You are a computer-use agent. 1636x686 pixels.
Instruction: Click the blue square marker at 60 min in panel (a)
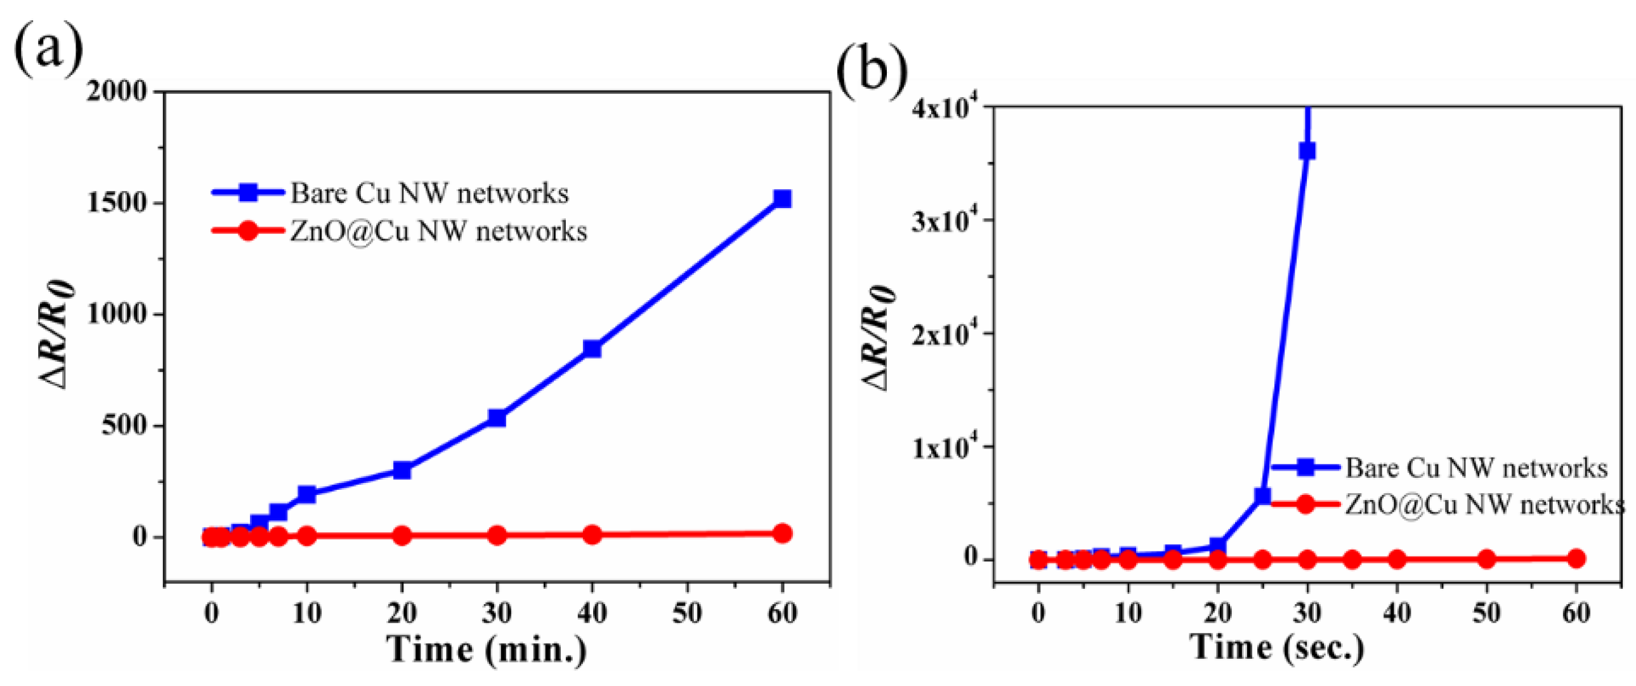[782, 199]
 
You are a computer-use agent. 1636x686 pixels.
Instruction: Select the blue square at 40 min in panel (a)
[592, 349]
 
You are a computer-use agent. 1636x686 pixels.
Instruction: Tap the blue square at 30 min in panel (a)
[497, 418]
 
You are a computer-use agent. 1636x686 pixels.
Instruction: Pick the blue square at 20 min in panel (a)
[402, 470]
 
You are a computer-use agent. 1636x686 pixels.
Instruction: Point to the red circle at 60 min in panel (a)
[782, 533]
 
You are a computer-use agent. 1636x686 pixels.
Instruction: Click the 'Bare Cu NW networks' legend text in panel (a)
[429, 193]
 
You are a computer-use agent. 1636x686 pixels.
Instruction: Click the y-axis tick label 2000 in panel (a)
[117, 91]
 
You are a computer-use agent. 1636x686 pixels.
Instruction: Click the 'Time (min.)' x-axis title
[487, 649]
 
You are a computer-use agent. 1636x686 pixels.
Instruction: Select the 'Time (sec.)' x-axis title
[1278, 647]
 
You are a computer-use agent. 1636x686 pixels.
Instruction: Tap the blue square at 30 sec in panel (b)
[1307, 150]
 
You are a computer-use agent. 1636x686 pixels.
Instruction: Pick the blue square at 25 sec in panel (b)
[1262, 496]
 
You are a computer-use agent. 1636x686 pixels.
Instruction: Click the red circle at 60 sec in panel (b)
[1576, 558]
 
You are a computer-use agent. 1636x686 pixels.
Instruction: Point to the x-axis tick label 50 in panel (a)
[687, 613]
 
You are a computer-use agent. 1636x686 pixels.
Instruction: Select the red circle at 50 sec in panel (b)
[1486, 559]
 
